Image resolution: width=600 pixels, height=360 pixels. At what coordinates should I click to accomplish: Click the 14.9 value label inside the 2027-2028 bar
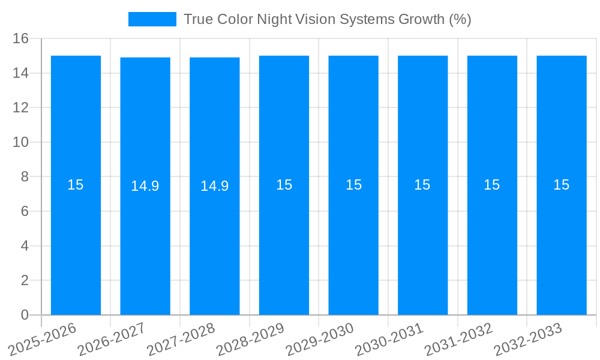[214, 186]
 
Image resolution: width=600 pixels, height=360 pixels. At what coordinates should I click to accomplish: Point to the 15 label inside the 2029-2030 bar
[353, 185]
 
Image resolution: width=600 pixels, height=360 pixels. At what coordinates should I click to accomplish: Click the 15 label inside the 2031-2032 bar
[492, 185]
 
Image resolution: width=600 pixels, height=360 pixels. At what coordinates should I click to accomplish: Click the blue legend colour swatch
[152, 19]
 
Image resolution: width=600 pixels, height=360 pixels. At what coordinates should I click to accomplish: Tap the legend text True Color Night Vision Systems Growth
[327, 19]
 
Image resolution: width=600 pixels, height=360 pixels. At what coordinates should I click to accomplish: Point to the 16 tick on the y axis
[21, 39]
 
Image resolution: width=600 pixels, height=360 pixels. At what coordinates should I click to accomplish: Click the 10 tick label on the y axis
[21, 143]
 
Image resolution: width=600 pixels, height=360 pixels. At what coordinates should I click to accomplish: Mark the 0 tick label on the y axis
[25, 315]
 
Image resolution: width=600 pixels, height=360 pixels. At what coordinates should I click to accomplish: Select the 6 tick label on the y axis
[25, 212]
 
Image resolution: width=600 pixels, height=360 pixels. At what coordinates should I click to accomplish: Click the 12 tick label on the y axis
[21, 108]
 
